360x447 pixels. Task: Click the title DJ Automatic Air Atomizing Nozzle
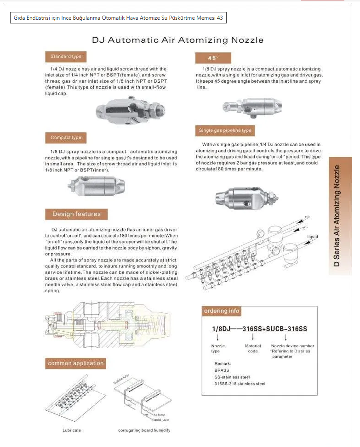point(177,40)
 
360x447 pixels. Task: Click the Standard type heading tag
point(66,57)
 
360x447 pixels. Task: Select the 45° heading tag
point(213,58)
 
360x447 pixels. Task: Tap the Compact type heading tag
point(66,137)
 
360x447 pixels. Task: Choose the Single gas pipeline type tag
point(225,130)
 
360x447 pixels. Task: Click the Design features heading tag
point(76,214)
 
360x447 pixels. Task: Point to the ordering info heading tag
point(222,311)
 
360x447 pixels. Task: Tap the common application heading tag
point(75,363)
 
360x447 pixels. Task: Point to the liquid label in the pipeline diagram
point(313,237)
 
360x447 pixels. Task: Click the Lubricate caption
point(72,430)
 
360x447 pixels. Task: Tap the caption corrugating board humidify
point(144,430)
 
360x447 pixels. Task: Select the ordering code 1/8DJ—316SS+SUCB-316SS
point(259,329)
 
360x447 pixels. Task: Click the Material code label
point(253,349)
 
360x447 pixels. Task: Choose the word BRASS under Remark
point(222,369)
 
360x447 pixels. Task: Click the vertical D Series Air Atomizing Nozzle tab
point(340,216)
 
